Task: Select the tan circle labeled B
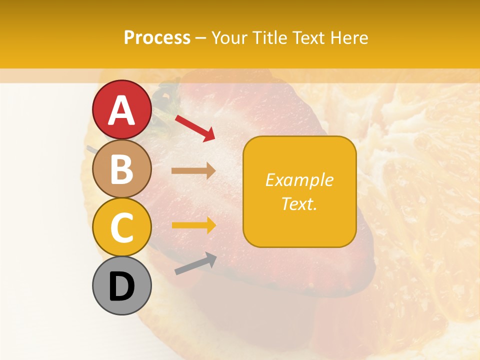[x=122, y=169]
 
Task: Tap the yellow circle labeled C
[x=122, y=227]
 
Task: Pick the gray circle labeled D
[x=122, y=286]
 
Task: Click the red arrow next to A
[x=195, y=128]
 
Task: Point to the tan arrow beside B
[x=193, y=170]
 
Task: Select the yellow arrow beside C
[x=193, y=225]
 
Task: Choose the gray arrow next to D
[x=195, y=264]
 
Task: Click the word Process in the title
[x=157, y=38]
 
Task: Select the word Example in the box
[x=299, y=180]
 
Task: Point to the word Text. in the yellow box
[x=299, y=203]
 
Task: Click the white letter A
[x=122, y=110]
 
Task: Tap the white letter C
[x=122, y=228]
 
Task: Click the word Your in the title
[x=230, y=38]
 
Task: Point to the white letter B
[x=122, y=169]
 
